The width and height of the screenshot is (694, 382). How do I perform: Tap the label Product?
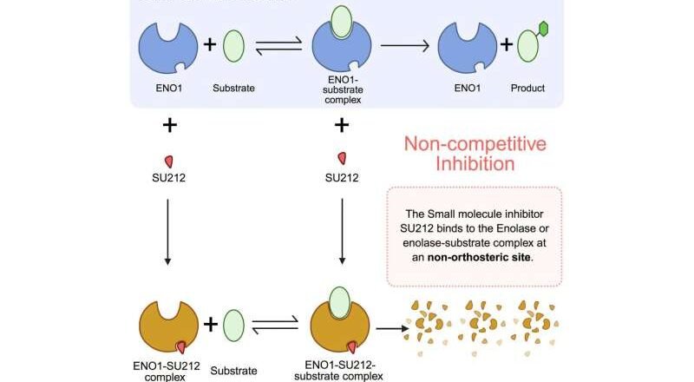click(528, 88)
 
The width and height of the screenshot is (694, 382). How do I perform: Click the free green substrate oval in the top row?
click(234, 46)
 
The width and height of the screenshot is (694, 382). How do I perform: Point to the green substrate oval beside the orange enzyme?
click(234, 326)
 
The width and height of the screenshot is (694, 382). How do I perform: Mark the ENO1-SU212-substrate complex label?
click(341, 367)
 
